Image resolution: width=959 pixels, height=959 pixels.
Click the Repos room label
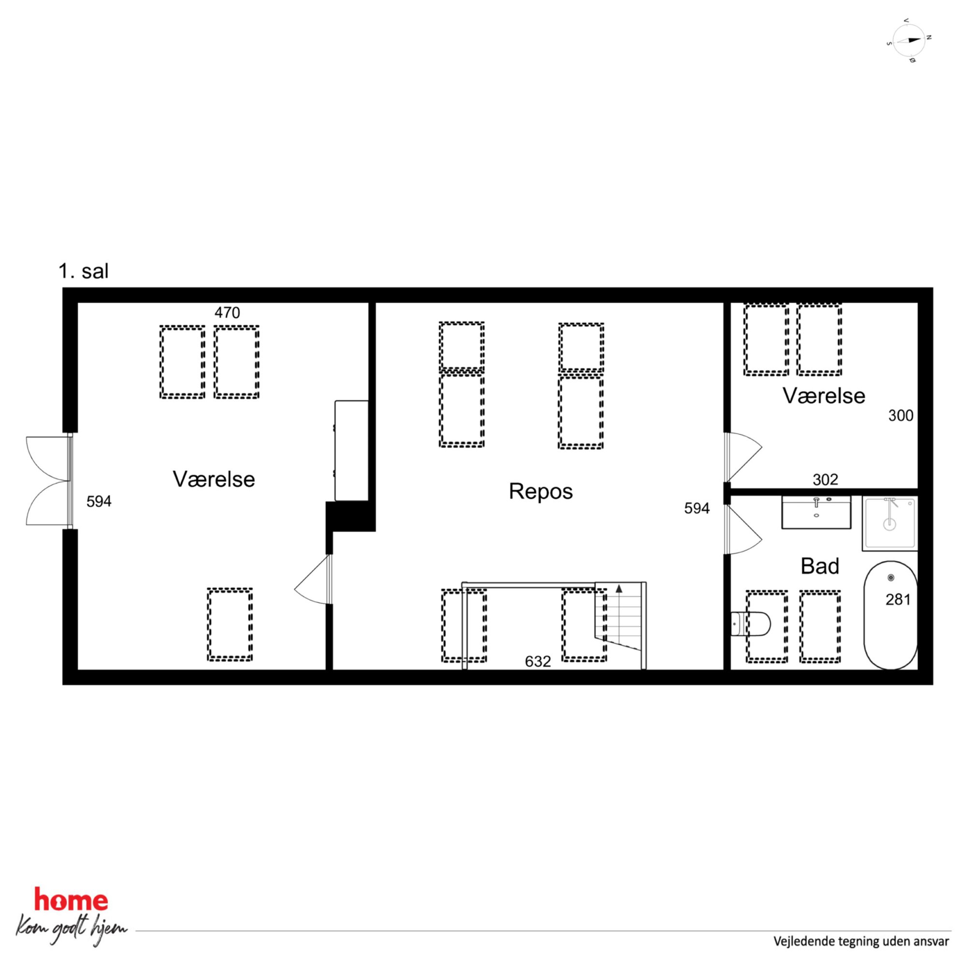tap(540, 492)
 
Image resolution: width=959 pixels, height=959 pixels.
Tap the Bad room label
tap(819, 567)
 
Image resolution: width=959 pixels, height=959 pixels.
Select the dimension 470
tap(227, 313)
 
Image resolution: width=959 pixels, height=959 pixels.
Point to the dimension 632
tap(538, 661)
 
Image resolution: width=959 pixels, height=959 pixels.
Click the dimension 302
tap(826, 479)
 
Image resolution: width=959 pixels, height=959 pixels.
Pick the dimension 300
tap(901, 416)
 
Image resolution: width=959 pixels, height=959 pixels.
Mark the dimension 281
tap(898, 600)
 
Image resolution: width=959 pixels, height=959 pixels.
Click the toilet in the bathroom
tap(751, 624)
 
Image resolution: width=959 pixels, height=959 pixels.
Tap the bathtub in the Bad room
tap(890, 615)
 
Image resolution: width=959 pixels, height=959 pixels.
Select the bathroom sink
tap(816, 512)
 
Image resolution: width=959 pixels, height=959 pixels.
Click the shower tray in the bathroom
tap(889, 523)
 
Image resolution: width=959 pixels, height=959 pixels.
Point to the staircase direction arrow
tap(619, 589)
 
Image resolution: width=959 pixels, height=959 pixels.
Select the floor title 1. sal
tap(84, 272)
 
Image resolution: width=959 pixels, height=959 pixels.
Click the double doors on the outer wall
tap(49, 480)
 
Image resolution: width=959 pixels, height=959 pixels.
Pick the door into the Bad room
tap(742, 529)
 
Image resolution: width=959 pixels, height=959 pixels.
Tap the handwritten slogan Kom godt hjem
tap(71, 929)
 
